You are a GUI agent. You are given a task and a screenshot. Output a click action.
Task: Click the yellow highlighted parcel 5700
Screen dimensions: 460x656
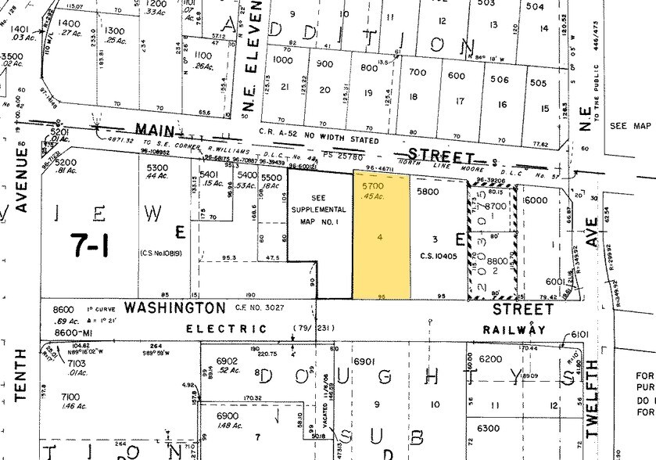point(382,235)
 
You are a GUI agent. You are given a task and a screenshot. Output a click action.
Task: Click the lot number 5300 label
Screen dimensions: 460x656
point(157,167)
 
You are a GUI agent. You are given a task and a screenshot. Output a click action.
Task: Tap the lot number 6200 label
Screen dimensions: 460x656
point(493,358)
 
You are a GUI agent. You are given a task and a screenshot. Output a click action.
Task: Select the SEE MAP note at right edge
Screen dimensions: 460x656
point(629,126)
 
